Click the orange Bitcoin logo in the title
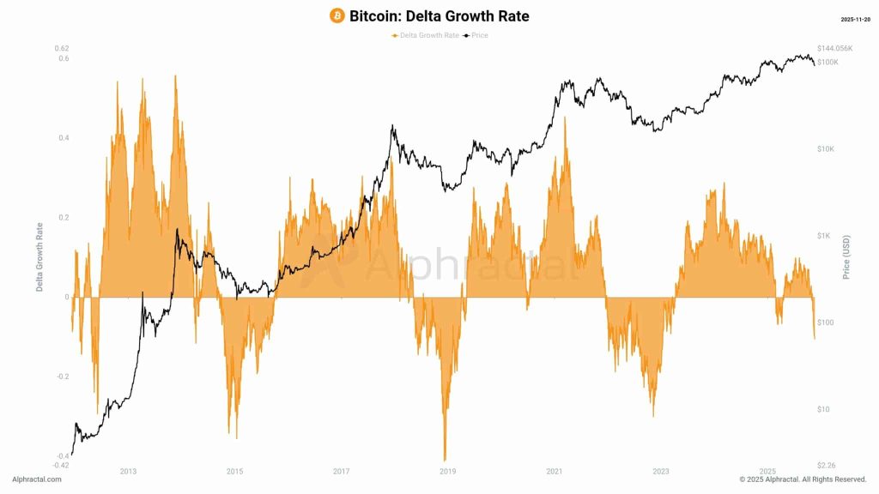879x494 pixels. click(x=337, y=16)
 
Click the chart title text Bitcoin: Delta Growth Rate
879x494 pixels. click(x=439, y=16)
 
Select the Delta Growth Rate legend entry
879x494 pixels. click(x=425, y=35)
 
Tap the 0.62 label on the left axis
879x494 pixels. click(x=62, y=48)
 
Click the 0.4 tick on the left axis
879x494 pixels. click(x=64, y=138)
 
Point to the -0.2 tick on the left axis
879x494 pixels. click(x=63, y=377)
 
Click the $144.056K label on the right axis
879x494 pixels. click(x=835, y=48)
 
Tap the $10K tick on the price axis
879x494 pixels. click(x=826, y=149)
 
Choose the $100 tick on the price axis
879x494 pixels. click(x=826, y=322)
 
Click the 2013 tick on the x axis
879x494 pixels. click(x=128, y=472)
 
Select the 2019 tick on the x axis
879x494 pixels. click(x=447, y=472)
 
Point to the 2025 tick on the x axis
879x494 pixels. click(x=767, y=472)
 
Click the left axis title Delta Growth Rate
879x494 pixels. click(x=39, y=257)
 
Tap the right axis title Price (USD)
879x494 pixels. click(x=846, y=257)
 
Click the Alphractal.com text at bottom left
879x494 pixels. click(x=37, y=479)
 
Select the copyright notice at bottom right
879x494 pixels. click(x=803, y=479)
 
